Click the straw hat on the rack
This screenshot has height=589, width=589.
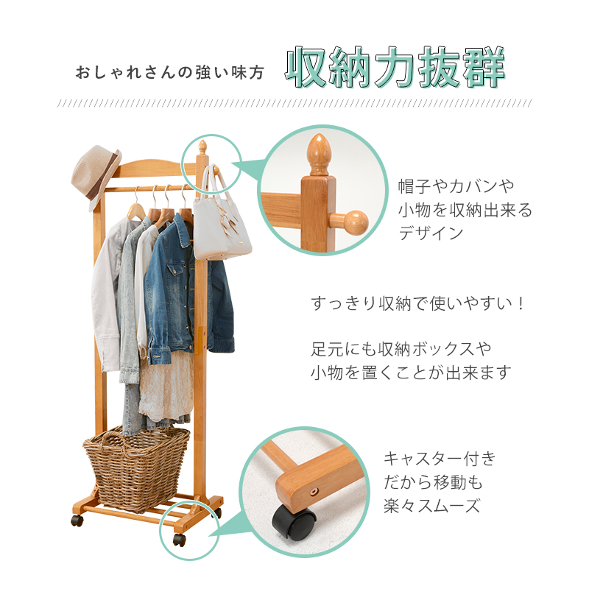point(96,177)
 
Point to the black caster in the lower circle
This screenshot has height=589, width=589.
point(293,523)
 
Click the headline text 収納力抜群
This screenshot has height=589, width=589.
point(395,68)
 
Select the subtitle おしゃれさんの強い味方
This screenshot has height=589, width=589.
point(170,72)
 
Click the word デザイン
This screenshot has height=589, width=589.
point(431,233)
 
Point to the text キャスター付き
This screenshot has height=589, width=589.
point(440,459)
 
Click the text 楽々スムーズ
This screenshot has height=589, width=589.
point(432,505)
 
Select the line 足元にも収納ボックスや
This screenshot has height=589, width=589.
point(401,349)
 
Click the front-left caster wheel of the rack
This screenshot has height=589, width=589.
point(77,521)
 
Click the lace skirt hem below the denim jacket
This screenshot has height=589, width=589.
point(165,395)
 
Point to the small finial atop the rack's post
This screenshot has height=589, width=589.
point(202,147)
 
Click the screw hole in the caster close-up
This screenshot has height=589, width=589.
point(314,490)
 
